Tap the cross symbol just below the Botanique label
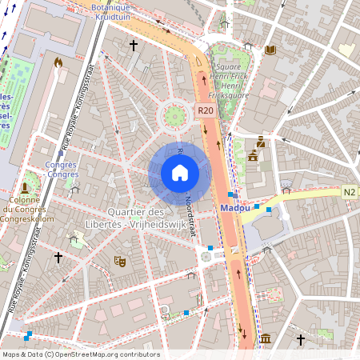[134, 46]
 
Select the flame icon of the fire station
[58, 62]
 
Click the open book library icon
[270, 50]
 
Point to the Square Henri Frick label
[233, 77]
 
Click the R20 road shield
[205, 111]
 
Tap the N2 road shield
[350, 192]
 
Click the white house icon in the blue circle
[180, 173]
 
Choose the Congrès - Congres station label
[62, 169]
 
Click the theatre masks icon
[120, 261]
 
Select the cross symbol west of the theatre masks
[58, 257]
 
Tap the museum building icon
[265, 340]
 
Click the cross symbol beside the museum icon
[301, 340]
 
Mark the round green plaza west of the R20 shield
[173, 118]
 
